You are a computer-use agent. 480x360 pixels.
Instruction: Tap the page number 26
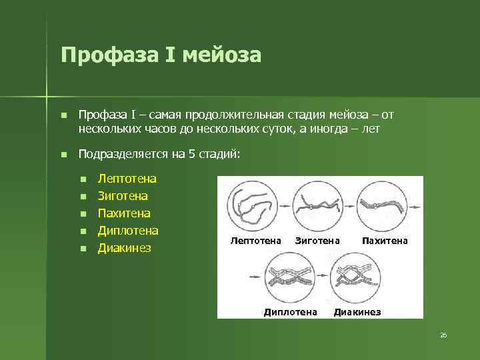point(443,335)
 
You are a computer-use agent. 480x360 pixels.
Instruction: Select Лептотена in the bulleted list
point(127,179)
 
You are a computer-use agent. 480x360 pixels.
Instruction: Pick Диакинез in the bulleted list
point(125,248)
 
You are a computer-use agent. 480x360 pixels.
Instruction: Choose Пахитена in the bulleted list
point(124,213)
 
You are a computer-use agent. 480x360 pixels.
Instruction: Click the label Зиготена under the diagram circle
point(317,240)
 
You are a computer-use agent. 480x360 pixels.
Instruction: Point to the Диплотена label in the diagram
point(291,312)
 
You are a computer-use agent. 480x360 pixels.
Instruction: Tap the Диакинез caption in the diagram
point(357,312)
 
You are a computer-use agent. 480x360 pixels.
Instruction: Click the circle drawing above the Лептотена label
point(252,205)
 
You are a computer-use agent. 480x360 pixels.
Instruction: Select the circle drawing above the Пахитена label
point(382,205)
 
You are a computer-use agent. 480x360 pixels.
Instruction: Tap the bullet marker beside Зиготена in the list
point(83,197)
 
